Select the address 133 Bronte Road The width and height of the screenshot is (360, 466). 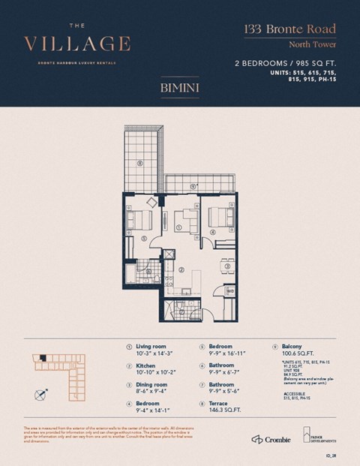[289, 30]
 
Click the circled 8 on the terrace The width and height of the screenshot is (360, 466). [140, 163]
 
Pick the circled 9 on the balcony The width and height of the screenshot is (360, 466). [193, 186]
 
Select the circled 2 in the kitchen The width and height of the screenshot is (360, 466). [181, 269]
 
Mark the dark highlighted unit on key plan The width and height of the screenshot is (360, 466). [43, 358]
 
